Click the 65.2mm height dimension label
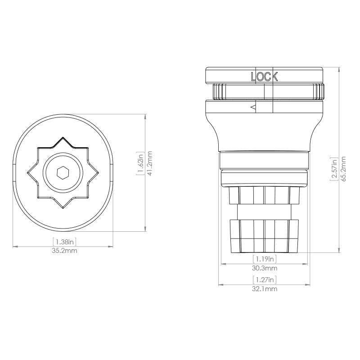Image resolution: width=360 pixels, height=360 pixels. pos(343,168)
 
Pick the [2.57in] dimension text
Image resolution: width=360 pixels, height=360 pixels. pos(333,169)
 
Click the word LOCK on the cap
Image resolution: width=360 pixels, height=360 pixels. pos(264,77)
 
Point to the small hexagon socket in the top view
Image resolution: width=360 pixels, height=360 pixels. pos(62,172)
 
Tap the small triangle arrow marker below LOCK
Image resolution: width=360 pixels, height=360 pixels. pos(253,107)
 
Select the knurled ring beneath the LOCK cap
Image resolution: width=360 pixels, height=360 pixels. pos(264,92)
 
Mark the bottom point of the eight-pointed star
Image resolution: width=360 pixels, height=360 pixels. pos(62,207)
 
